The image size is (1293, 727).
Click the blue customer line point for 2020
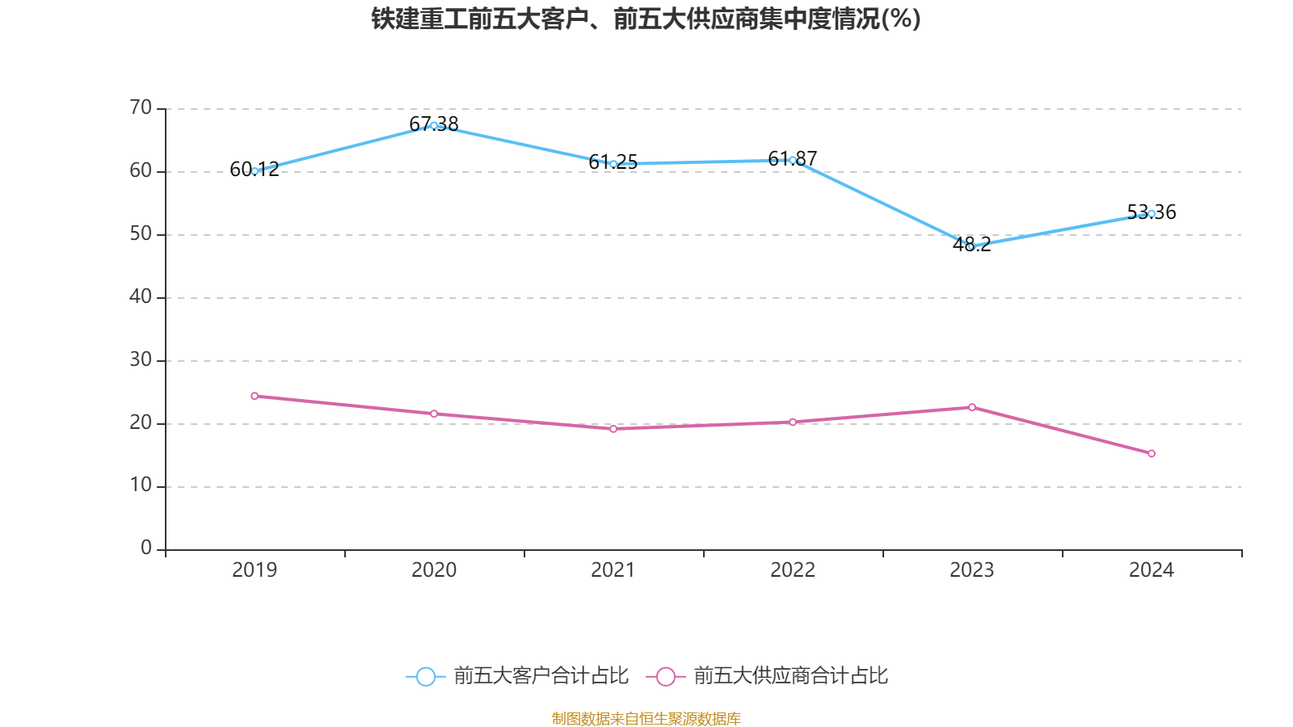[434, 125]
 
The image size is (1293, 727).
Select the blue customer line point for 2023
[971, 246]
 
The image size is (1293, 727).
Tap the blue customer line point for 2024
[1151, 214]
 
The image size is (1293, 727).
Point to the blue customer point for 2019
[255, 171]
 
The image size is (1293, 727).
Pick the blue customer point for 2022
[792, 160]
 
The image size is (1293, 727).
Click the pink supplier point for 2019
[255, 396]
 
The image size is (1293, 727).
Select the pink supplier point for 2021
[613, 429]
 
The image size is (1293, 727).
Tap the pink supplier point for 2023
[971, 407]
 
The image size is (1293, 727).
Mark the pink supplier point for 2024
[1151, 453]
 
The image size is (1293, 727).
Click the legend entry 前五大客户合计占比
[517, 676]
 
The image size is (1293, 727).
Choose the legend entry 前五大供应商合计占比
[767, 676]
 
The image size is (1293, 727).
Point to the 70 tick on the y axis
[141, 107]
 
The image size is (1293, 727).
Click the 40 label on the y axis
[141, 296]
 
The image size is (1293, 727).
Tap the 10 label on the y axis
[141, 485]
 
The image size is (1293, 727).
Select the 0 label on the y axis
[146, 548]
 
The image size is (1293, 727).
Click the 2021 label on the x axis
[613, 570]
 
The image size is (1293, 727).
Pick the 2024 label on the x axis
[1151, 570]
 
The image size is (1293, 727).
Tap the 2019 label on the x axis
[255, 570]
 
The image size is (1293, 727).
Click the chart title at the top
[646, 19]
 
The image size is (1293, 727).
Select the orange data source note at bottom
[646, 718]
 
